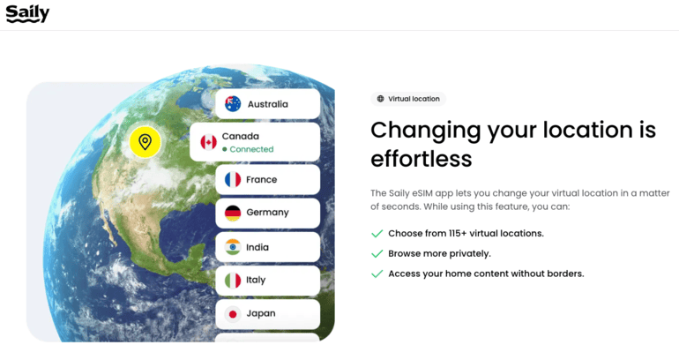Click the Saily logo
(x=27, y=14)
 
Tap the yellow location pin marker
(x=145, y=142)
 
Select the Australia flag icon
(x=233, y=104)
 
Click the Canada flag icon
(x=208, y=142)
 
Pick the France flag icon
(x=233, y=179)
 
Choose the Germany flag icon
(x=233, y=213)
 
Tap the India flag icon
(x=233, y=247)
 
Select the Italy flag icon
(x=233, y=281)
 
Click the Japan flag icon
(x=233, y=314)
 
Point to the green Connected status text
(x=251, y=149)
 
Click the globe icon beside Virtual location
(x=380, y=99)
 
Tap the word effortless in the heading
(x=422, y=159)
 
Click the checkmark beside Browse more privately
(x=377, y=253)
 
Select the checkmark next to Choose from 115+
(x=377, y=234)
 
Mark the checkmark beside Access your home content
(x=377, y=274)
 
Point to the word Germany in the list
(x=267, y=213)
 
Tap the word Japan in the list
(x=261, y=313)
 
